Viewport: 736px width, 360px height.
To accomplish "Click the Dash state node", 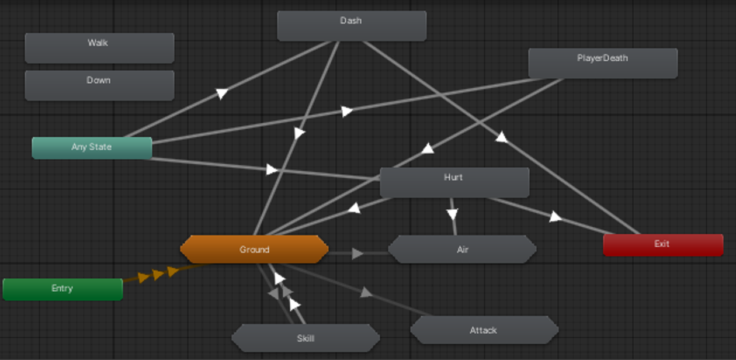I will point(351,26).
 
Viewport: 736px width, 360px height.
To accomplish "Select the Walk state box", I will point(99,48).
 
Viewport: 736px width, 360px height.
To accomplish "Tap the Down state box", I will point(99,85).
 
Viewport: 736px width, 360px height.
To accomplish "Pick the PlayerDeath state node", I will point(602,63).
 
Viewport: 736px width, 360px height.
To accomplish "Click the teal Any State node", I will point(92,148).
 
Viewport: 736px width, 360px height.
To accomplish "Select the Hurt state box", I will point(454,182).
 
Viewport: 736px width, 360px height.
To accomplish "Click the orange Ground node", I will point(254,250).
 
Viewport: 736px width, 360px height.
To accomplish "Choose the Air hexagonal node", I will point(462,250).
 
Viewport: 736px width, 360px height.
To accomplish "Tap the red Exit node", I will point(662,245).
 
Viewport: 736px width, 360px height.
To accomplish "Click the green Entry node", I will point(63,289).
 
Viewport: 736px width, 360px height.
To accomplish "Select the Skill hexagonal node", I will point(305,338).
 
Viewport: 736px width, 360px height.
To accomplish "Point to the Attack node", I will point(484,331).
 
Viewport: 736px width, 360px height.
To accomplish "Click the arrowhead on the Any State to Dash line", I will point(221,93).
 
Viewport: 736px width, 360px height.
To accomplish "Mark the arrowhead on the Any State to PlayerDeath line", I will point(347,111).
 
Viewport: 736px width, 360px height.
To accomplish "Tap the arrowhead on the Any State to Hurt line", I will point(272,169).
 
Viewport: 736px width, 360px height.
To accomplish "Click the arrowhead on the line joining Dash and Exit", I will point(501,137).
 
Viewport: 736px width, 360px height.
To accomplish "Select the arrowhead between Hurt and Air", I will point(453,214).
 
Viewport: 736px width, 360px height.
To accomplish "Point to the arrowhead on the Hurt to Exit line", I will point(556,217).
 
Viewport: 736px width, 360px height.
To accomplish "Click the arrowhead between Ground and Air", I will point(357,254).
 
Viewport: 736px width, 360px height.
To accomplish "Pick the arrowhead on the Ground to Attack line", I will point(366,292).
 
